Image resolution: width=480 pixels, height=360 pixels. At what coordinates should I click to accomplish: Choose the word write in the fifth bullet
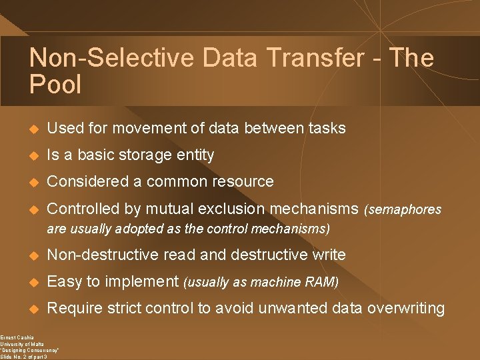point(328,255)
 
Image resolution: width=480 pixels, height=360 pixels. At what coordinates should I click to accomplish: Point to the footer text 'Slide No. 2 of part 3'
point(23,357)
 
